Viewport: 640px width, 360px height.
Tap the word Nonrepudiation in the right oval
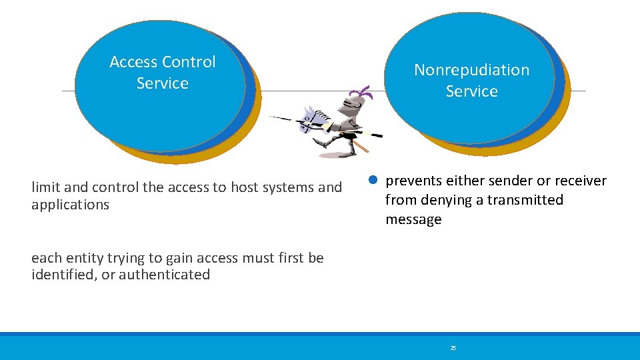pos(471,70)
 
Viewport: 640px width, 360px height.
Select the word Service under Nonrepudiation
pos(471,91)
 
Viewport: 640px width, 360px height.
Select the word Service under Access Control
pos(162,83)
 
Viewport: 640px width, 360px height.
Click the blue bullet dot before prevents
pos(374,181)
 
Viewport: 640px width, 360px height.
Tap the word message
pos(413,219)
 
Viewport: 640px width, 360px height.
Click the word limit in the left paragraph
pos(45,187)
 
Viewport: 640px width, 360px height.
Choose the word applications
pos(70,205)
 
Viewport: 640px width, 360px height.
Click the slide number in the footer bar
pos(453,348)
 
